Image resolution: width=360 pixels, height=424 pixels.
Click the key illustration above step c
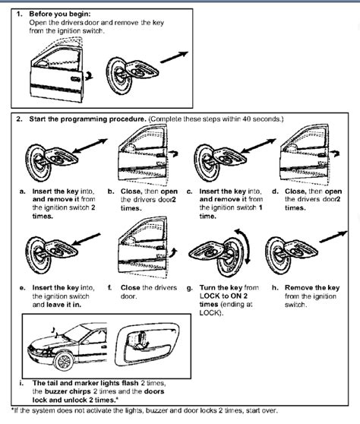[221, 159]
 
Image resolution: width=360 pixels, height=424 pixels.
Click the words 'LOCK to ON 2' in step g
[223, 296]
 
